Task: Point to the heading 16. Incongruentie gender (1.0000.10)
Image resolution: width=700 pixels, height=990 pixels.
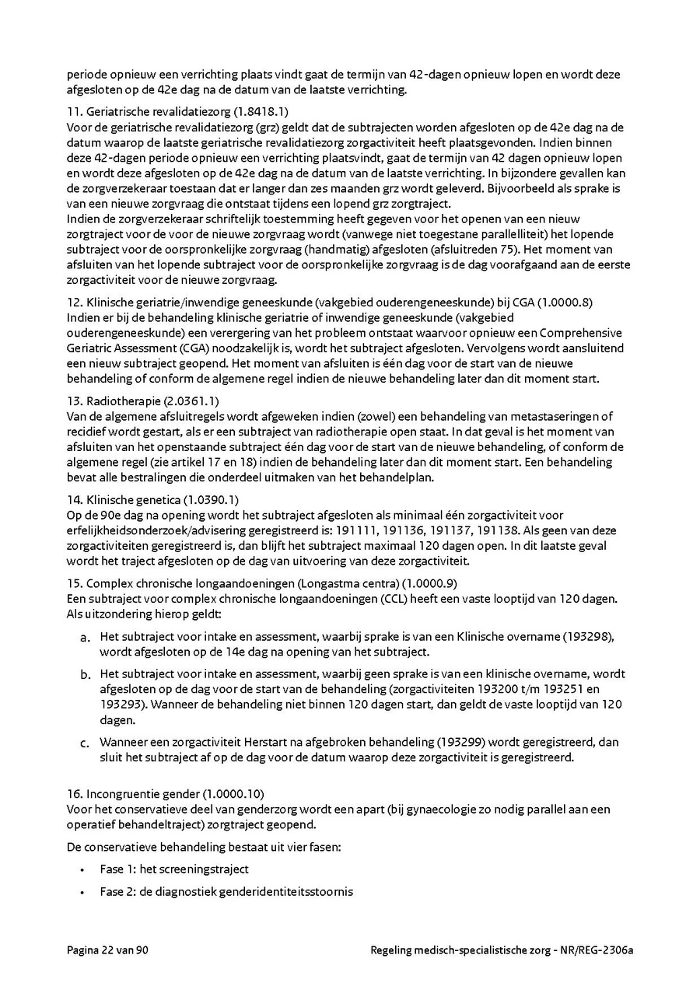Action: coord(166,794)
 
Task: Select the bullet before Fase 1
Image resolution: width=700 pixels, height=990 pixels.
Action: coord(82,869)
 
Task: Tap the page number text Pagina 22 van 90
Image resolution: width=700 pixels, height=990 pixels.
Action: coord(107,950)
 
